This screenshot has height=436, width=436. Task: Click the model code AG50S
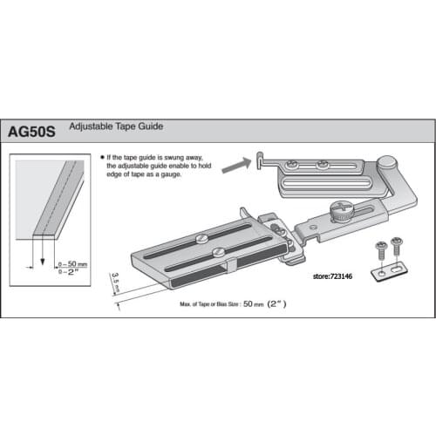coord(33,132)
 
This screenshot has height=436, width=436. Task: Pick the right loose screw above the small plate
coord(399,244)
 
